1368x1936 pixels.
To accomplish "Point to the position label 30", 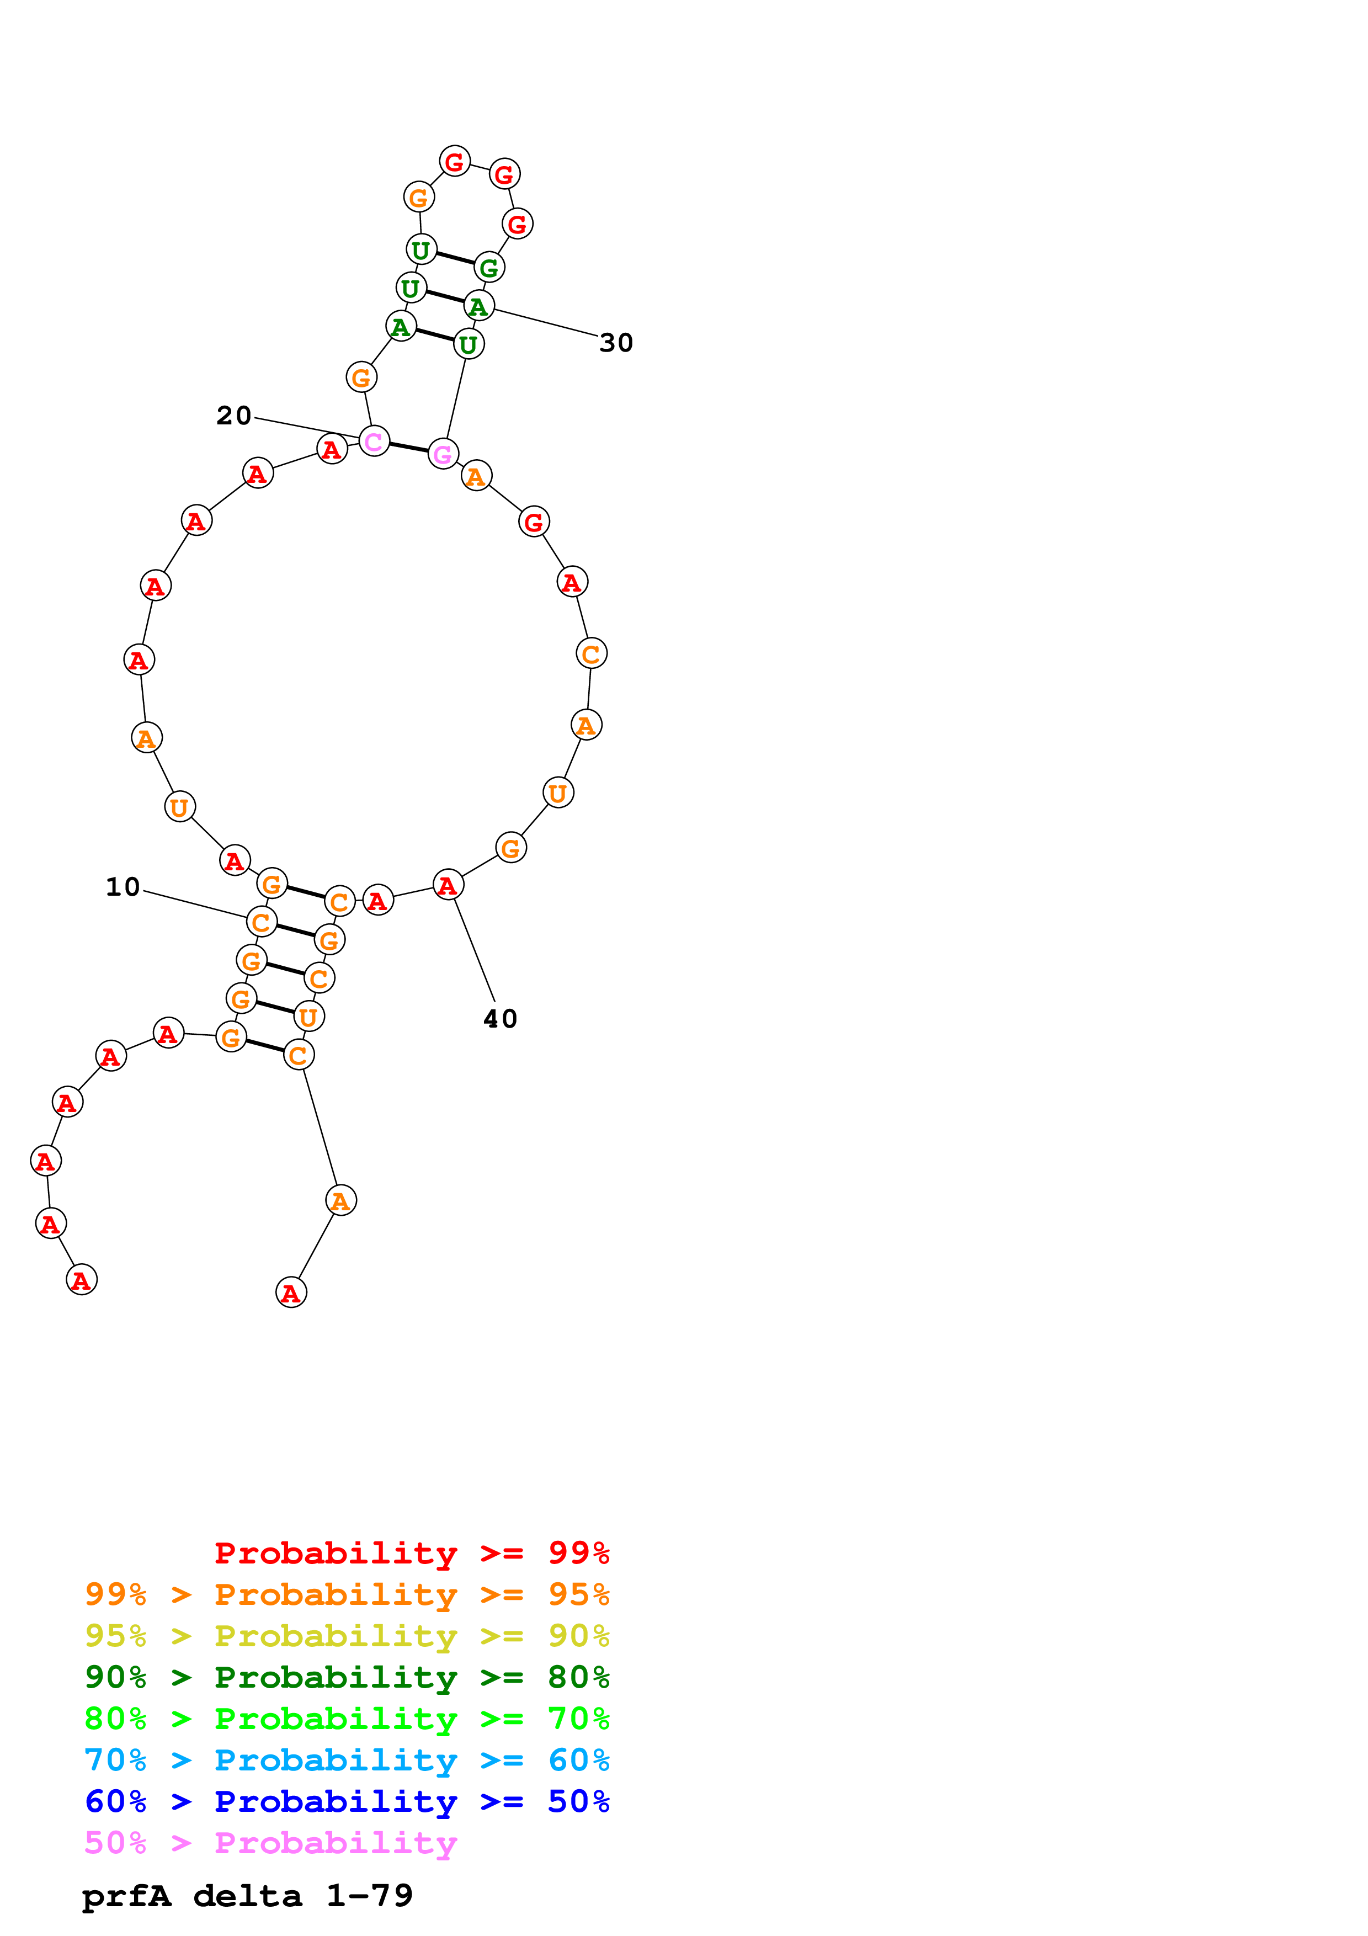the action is [616, 343].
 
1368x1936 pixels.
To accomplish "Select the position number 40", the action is [500, 1019].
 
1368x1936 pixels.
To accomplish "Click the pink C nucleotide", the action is [374, 441].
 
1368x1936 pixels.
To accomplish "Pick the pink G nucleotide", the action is [443, 455].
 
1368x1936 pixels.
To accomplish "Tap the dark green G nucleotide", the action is [489, 268].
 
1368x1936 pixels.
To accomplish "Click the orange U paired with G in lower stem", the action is [308, 1017].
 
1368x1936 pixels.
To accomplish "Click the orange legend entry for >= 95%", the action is [347, 1594].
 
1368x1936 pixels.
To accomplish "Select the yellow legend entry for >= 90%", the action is [347, 1636].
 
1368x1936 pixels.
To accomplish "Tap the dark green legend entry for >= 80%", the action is [347, 1677].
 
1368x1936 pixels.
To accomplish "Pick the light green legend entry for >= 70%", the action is [347, 1719].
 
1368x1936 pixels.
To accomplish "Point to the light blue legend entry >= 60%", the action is [347, 1760].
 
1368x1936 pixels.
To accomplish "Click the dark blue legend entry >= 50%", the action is [347, 1801].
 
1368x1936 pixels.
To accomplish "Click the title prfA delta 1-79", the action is [248, 1896].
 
